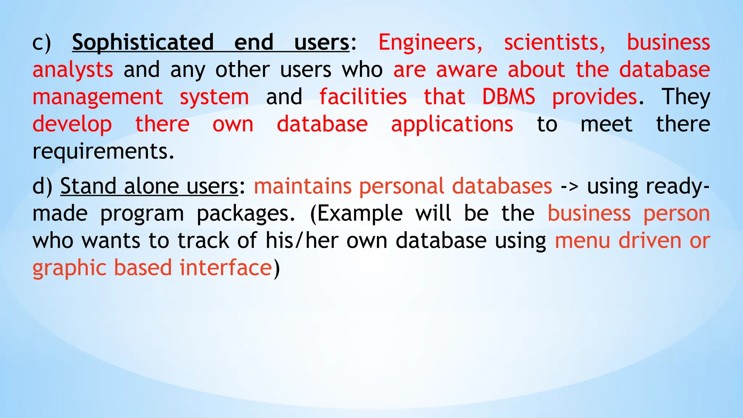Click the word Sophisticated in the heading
point(143,42)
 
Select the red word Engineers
point(430,42)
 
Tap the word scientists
point(554,42)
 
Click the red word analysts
point(73,70)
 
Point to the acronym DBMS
point(508,97)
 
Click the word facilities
point(363,97)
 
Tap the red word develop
point(72,124)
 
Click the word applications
point(452,124)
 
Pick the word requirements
point(103,151)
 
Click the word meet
point(606,124)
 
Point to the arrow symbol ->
point(569,186)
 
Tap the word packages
point(246,213)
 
